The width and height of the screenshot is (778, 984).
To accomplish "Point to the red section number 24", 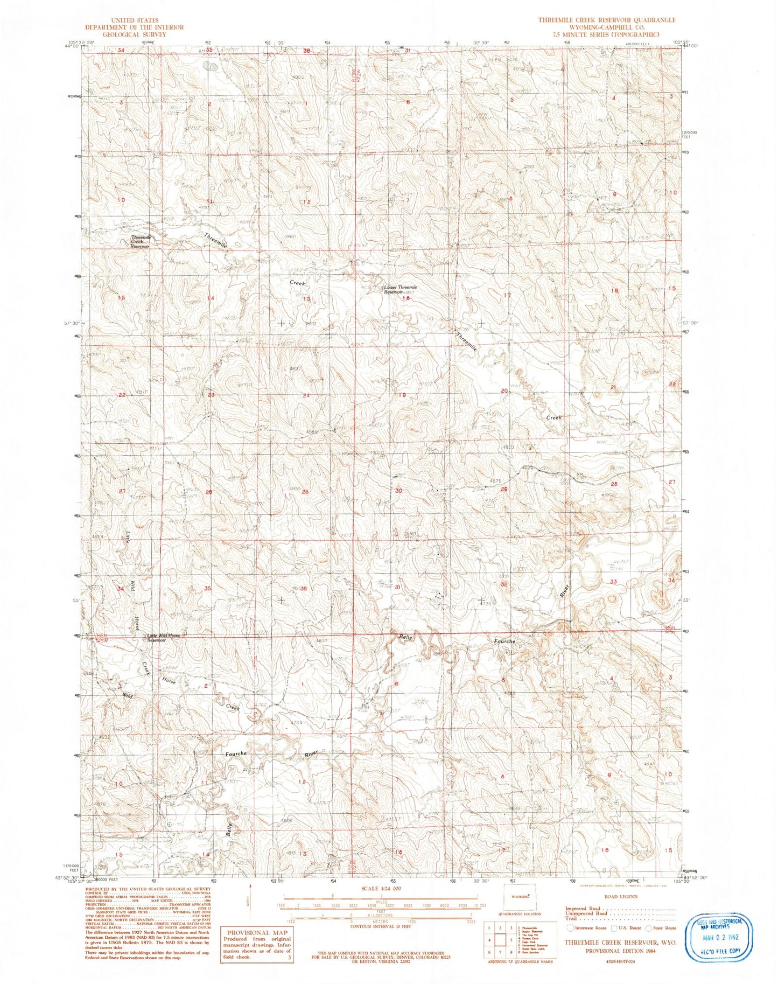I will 307,395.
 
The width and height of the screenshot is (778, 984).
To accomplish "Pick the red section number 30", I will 399,491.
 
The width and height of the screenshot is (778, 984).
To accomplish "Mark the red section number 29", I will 504,489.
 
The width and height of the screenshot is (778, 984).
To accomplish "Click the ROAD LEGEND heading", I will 621,897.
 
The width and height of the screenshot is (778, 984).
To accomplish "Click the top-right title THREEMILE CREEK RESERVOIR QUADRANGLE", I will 607,20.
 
